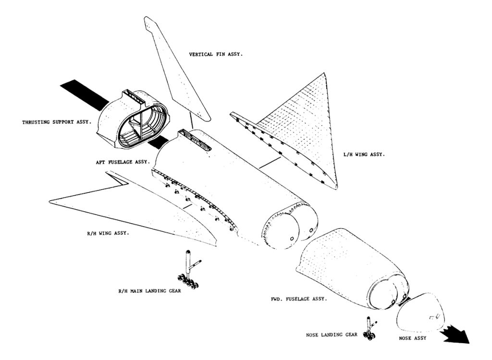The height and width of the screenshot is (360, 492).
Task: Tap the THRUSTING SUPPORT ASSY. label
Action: tap(56, 122)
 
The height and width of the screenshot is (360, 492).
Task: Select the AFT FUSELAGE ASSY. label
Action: tap(122, 162)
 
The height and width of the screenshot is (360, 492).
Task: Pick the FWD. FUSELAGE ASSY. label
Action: tap(299, 299)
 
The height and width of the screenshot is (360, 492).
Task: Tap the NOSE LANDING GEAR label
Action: tap(332, 334)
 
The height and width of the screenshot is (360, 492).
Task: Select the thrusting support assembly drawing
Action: tap(132, 118)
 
